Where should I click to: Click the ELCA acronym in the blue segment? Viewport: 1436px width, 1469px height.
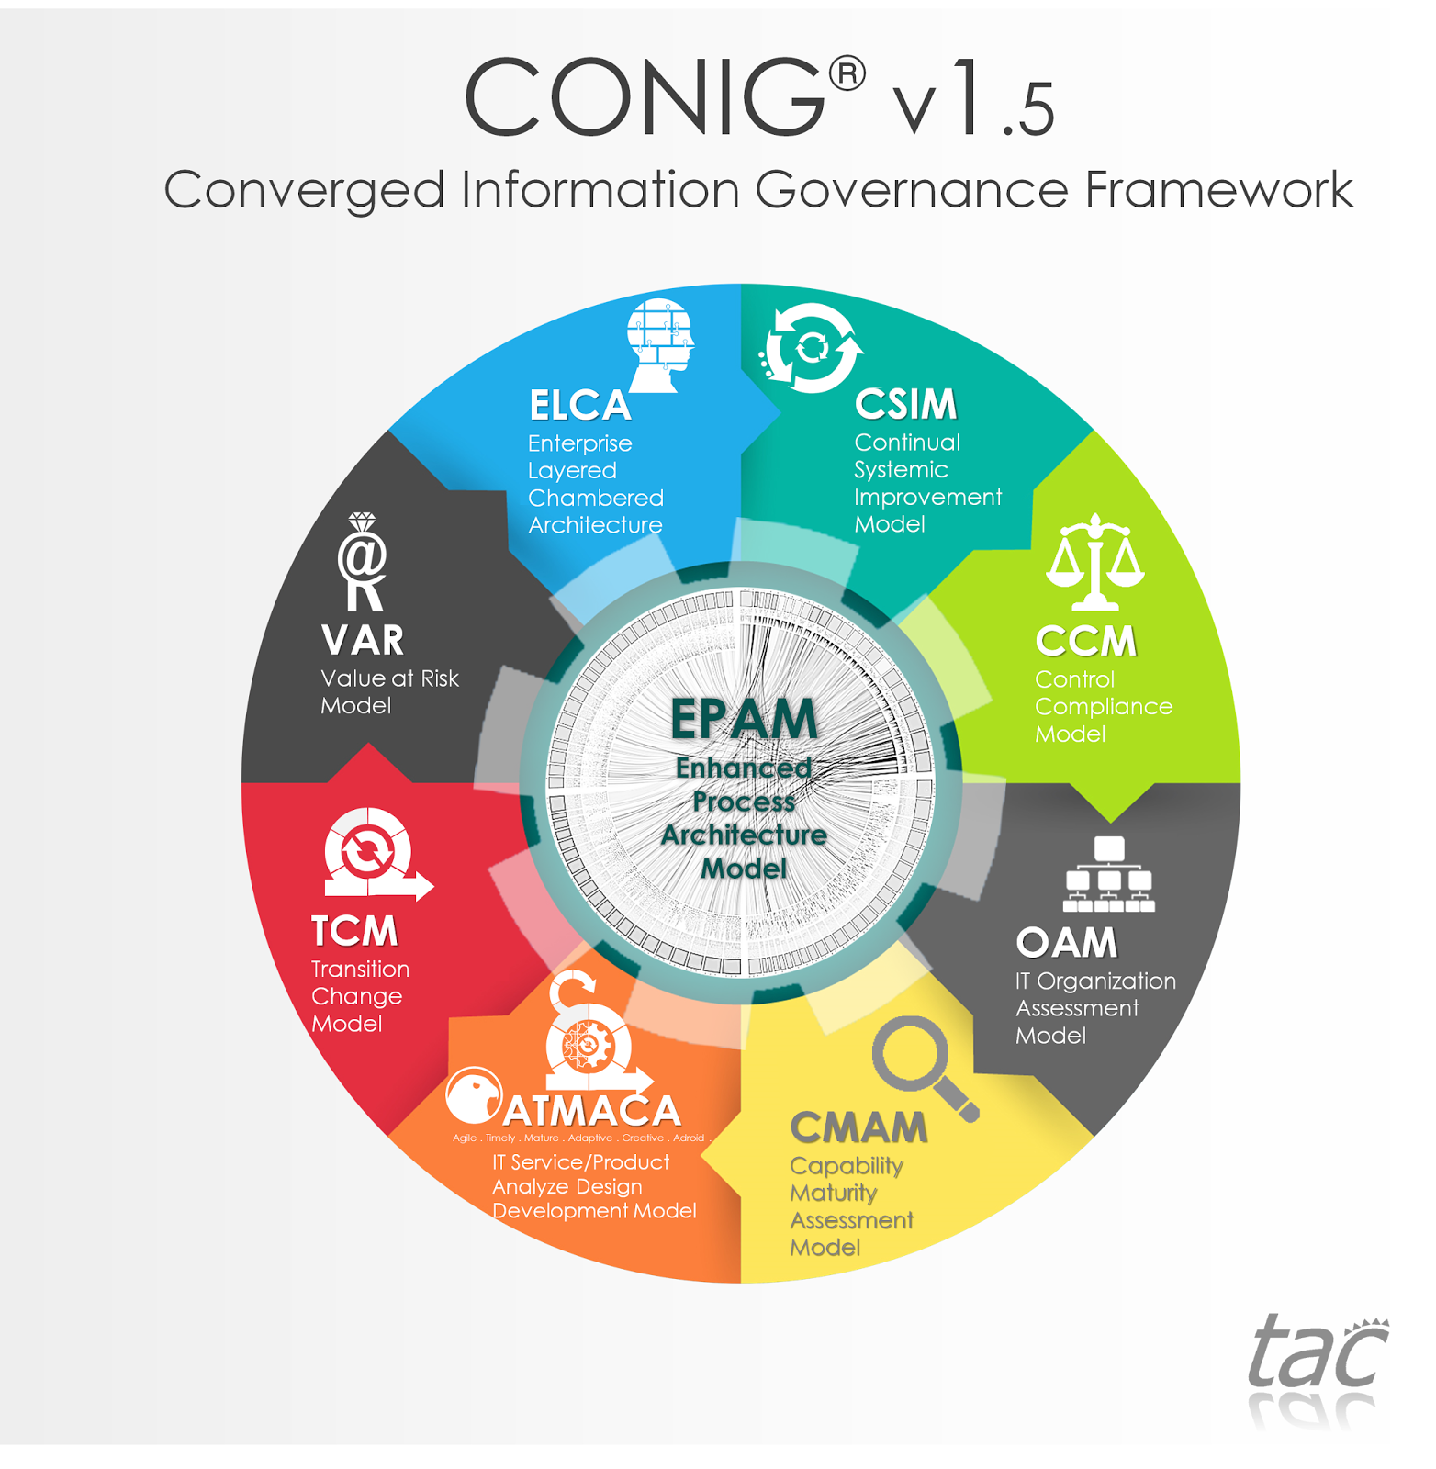click(580, 405)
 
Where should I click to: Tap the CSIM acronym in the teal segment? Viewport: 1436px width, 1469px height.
click(905, 404)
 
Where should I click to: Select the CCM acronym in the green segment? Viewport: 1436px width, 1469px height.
click(1085, 641)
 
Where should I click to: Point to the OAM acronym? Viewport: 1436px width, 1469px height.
click(1066, 943)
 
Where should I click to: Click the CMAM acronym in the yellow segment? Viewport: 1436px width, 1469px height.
click(858, 1127)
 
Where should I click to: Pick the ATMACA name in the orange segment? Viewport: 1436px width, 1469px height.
click(592, 1112)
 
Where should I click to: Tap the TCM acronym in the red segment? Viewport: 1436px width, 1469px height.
click(354, 931)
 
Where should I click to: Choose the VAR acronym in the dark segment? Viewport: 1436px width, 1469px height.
click(363, 640)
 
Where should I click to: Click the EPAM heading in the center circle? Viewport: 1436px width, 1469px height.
click(744, 718)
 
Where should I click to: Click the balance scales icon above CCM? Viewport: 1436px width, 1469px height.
click(1094, 562)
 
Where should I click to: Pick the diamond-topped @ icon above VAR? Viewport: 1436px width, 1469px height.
click(363, 562)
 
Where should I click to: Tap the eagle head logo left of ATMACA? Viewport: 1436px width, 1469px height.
click(473, 1095)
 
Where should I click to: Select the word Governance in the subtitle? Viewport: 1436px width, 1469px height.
click(911, 191)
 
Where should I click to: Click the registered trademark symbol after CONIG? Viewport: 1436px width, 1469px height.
click(847, 74)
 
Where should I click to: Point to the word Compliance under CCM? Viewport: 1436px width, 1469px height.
click(1103, 706)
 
